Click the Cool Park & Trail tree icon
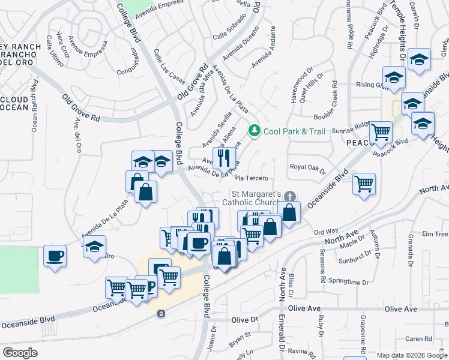tap(255, 130)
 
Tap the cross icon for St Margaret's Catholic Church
tap(290, 196)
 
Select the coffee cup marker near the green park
tap(55, 256)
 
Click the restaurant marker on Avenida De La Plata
tap(224, 159)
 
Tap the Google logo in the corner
tap(20, 352)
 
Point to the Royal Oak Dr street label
tap(307, 167)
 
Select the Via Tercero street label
tap(250, 178)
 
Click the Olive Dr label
tap(244, 320)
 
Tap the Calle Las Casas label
tap(169, 66)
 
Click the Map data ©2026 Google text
tap(412, 355)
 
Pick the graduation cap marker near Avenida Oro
tap(94, 247)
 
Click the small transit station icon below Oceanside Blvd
tap(161, 313)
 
